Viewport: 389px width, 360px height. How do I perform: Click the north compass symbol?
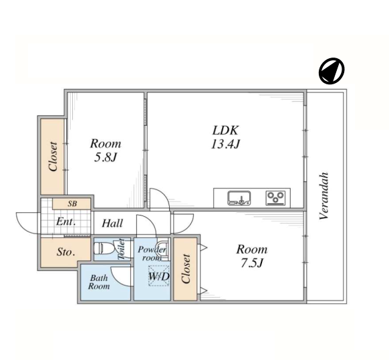pos(332,71)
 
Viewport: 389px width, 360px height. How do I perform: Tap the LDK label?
pos(225,130)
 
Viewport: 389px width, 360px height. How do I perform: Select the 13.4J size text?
pos(225,144)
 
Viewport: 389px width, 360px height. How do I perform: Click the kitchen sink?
pos(239,198)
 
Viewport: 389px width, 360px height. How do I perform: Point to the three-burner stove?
pos(275,198)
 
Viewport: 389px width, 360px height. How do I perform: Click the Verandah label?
pos(324,196)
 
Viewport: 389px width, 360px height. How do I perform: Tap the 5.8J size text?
pos(106,157)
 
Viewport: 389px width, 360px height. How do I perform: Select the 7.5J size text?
pos(251,263)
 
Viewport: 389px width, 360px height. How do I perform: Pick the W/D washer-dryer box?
pos(159,276)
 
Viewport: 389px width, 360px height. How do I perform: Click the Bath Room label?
pos(99,282)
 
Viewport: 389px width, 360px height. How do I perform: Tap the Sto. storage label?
pos(66,252)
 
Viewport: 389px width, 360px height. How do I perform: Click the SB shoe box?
pos(72,204)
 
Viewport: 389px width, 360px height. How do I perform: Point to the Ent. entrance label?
pos(66,221)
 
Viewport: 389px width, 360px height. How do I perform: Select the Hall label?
pos(112,223)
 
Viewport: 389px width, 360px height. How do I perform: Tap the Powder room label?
pos(152,254)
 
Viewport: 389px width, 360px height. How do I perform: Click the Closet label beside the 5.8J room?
pos(53,157)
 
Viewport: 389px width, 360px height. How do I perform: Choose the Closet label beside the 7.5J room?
pos(186,269)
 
